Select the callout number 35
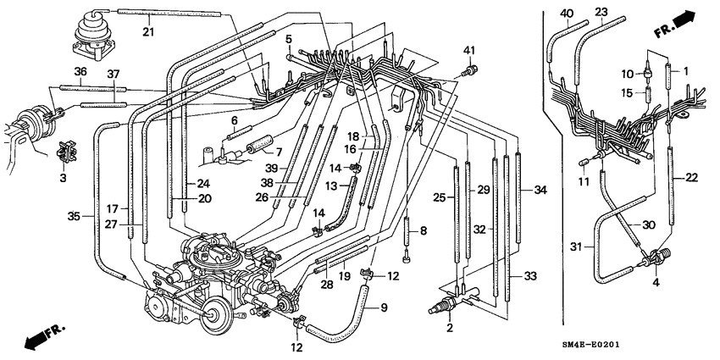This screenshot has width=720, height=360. (x=75, y=217)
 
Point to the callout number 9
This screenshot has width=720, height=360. (x=383, y=307)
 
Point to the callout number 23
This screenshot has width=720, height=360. (x=602, y=13)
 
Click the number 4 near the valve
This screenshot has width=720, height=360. (x=655, y=285)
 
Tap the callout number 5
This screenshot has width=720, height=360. (x=289, y=39)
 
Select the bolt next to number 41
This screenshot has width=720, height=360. (x=472, y=71)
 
